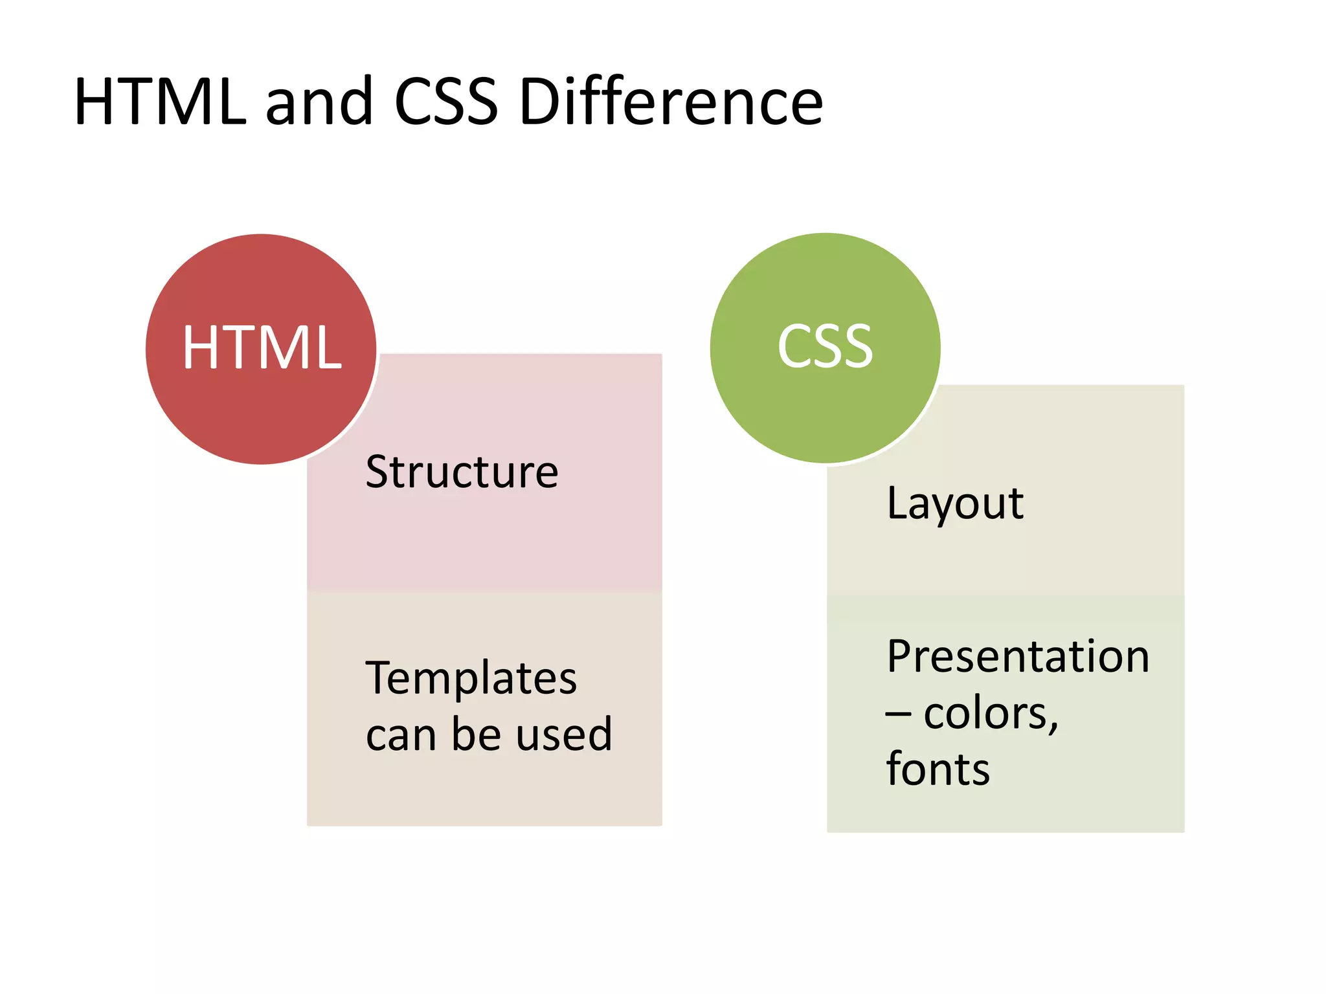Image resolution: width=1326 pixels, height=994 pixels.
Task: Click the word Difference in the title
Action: coord(671,102)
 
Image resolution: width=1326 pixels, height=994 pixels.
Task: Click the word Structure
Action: coord(462,472)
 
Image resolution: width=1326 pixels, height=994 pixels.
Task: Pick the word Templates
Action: coord(471,678)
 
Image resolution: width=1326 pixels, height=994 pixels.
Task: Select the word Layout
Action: coord(955,503)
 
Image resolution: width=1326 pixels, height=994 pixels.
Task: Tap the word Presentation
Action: coord(1018,657)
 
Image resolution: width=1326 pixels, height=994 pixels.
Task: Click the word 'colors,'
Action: coord(991,714)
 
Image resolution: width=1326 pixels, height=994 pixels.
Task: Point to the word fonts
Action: coord(938,769)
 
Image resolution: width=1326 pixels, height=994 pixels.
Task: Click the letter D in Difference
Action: coord(543,102)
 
